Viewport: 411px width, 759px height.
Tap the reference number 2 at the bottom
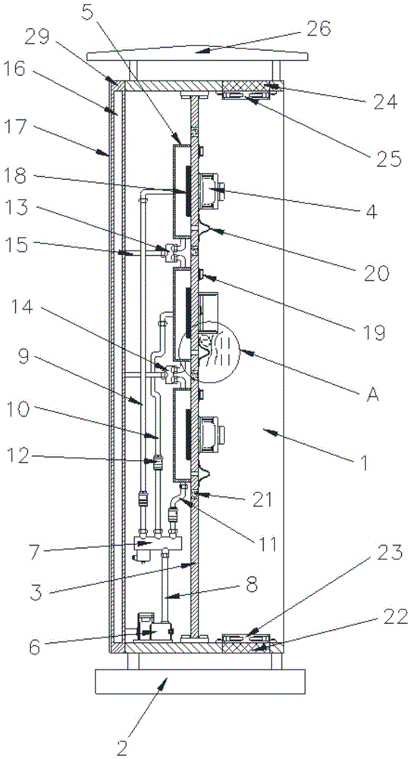[x=122, y=748]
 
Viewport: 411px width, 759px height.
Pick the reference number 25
[x=388, y=158]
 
